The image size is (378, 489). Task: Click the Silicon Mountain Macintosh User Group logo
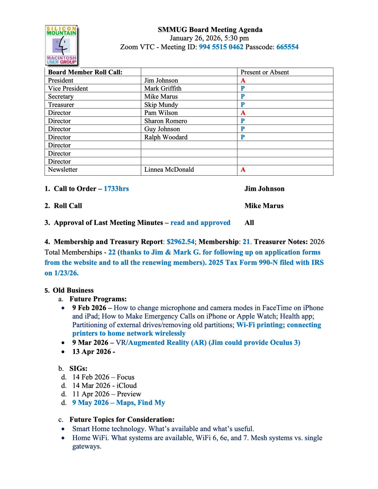(61, 45)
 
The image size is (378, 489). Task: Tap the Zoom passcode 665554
(287, 47)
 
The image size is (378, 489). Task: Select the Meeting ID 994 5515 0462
(221, 47)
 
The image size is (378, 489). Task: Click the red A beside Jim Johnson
(243, 80)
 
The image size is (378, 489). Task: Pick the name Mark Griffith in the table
(163, 88)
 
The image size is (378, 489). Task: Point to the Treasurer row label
(61, 105)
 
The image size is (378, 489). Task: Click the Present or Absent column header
(264, 72)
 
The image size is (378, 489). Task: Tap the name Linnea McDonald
(169, 169)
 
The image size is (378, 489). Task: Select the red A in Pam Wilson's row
(243, 113)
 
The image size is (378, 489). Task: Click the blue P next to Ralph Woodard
(243, 137)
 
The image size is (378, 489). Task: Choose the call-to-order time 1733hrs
(116, 189)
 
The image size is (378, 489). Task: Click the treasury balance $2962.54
(181, 242)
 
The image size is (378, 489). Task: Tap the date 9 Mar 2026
(90, 342)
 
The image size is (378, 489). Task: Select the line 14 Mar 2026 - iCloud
(104, 385)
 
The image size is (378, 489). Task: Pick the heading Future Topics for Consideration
(122, 419)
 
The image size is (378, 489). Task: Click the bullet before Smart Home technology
(63, 429)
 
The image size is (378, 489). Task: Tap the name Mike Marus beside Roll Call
(264, 206)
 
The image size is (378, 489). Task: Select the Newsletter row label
(63, 169)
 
